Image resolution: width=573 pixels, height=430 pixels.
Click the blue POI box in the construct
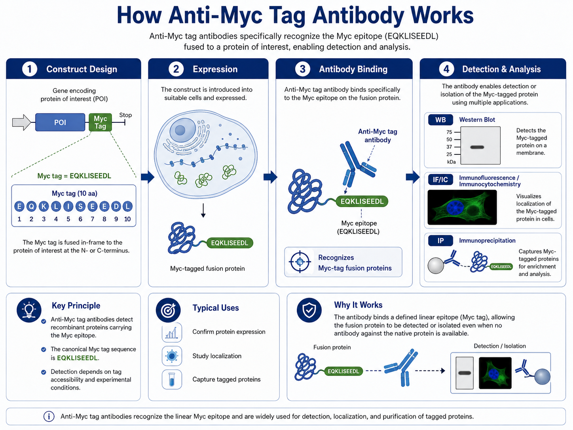(x=60, y=122)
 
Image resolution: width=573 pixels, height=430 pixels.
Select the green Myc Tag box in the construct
(x=100, y=122)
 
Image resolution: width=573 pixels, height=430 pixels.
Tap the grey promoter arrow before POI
(x=22, y=122)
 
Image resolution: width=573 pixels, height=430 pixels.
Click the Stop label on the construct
(x=125, y=115)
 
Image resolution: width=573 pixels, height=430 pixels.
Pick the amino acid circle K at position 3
(x=44, y=207)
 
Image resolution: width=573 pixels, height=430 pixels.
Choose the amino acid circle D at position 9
(x=116, y=207)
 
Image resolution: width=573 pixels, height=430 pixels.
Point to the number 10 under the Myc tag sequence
(x=127, y=219)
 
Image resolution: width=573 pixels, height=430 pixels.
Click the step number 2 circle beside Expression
(x=176, y=69)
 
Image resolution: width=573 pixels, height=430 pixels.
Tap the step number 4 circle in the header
(x=446, y=69)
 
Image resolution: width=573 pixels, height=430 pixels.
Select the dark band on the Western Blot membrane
(x=477, y=147)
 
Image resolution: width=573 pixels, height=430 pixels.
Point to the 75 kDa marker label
(x=449, y=132)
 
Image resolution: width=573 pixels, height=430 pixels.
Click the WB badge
(x=441, y=120)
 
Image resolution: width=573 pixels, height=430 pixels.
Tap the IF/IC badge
(x=440, y=180)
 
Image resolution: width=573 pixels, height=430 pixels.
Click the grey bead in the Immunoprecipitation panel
(x=436, y=266)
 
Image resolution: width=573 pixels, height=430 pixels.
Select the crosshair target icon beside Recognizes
(x=300, y=262)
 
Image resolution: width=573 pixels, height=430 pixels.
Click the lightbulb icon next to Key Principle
(x=29, y=310)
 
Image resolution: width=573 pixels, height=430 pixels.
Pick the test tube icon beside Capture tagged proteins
(x=171, y=380)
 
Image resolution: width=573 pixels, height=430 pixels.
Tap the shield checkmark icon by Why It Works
(x=309, y=310)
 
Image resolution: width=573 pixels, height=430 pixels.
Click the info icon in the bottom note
(x=49, y=417)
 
